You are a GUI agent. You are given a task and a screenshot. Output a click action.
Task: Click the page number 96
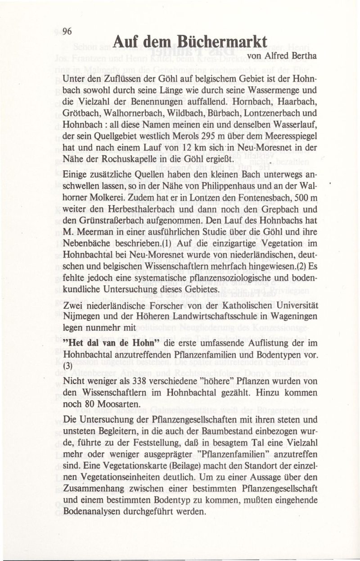[x=67, y=31]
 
